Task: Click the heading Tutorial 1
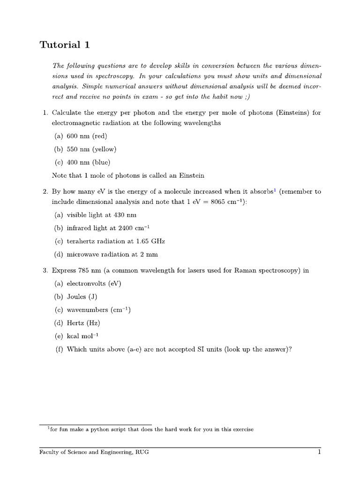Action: (64, 45)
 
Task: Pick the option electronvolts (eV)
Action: (93, 284)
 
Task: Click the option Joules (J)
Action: (82, 297)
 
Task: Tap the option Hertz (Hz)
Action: (83, 323)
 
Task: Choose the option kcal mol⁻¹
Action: (82, 336)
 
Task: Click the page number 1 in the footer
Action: (319, 452)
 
